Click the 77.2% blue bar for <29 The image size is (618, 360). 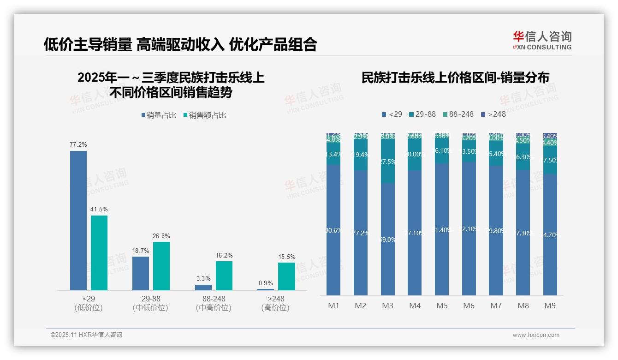coord(78,221)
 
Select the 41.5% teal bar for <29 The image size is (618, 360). coord(99,253)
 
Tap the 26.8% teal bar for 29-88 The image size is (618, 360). coord(161,266)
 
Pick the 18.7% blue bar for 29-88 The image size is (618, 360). coord(141,273)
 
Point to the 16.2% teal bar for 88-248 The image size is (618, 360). coord(224,276)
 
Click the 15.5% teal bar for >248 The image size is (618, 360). coord(286,276)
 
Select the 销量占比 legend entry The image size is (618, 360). coord(159,115)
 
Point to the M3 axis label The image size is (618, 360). coord(388,306)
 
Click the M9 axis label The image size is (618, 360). coord(550,306)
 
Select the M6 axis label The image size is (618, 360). coord(469,306)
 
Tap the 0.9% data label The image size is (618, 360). coord(266,283)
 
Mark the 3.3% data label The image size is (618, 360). coord(203,279)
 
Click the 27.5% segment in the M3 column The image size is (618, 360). coord(388,162)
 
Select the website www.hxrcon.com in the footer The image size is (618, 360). coord(536,335)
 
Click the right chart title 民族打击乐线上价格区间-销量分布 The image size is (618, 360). coord(455,78)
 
